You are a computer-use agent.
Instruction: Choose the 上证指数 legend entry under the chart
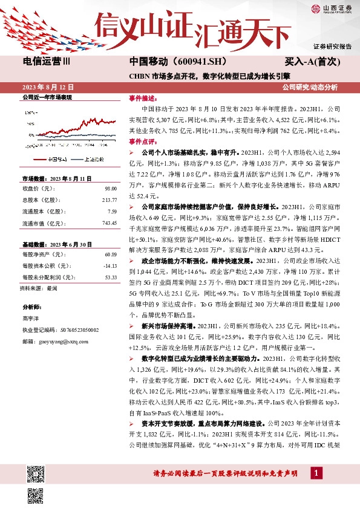pos(93,159)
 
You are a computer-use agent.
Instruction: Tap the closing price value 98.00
pos(110,189)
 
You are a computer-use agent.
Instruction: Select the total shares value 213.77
pos(109,200)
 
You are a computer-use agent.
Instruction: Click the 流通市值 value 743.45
pos(109,223)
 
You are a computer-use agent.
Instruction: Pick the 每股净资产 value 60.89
pos(110,254)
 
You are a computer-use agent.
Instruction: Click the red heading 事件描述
pos(140,98)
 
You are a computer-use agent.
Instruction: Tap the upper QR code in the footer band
pos(35,473)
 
